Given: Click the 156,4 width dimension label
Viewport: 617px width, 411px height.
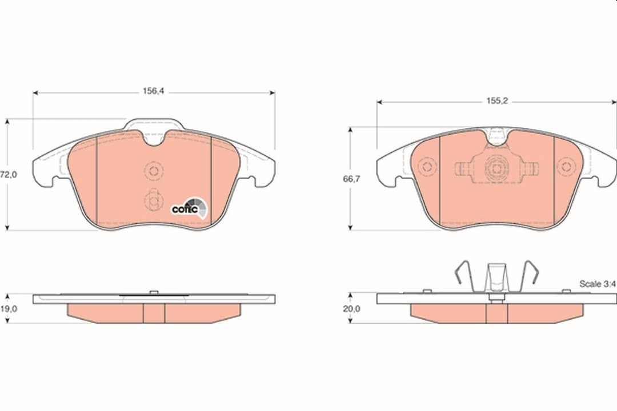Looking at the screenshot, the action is coord(153,91).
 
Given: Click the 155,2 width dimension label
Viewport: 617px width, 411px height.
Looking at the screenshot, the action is coord(497,100).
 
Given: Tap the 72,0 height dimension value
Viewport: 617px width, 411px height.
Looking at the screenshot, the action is coord(8,175).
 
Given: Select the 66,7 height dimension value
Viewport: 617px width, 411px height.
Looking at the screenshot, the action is coord(351,179).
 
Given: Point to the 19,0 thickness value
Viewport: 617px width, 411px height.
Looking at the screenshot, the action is coord(8,309).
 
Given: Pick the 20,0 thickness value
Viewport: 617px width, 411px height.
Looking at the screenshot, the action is coord(351,309).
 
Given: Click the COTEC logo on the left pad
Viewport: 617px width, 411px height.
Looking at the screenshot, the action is coord(189,208).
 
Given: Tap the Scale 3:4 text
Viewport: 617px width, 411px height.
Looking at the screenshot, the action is coord(597,284).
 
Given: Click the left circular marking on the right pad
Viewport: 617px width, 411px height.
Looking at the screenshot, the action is coord(427,166).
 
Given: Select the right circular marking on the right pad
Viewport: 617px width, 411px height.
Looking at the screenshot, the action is coord(566,166).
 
